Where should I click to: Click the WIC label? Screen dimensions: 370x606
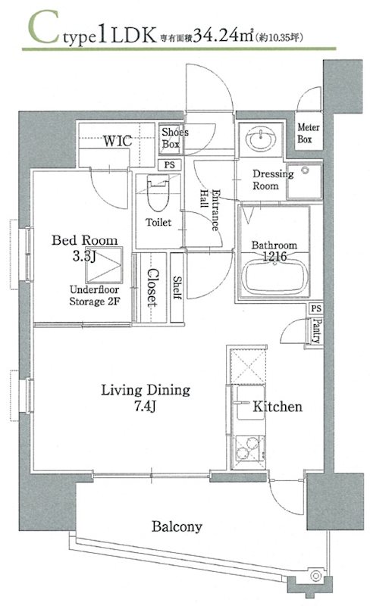[118, 141]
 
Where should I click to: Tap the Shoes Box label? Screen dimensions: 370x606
[174, 138]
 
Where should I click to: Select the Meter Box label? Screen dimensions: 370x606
[309, 133]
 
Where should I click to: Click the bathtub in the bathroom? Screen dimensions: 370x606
[274, 276]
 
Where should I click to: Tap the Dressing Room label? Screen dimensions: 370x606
[273, 180]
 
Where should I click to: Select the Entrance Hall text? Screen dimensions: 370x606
[210, 210]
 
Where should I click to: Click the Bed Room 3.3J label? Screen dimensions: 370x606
[84, 248]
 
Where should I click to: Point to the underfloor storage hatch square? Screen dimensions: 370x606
[104, 264]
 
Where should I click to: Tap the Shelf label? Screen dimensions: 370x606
[177, 288]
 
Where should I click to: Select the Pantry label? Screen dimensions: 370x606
[318, 331]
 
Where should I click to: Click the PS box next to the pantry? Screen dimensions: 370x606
[316, 308]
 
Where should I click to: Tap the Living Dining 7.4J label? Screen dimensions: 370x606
[146, 397]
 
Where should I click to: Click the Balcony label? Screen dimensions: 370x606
[177, 526]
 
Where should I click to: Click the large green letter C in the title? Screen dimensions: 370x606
[45, 27]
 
